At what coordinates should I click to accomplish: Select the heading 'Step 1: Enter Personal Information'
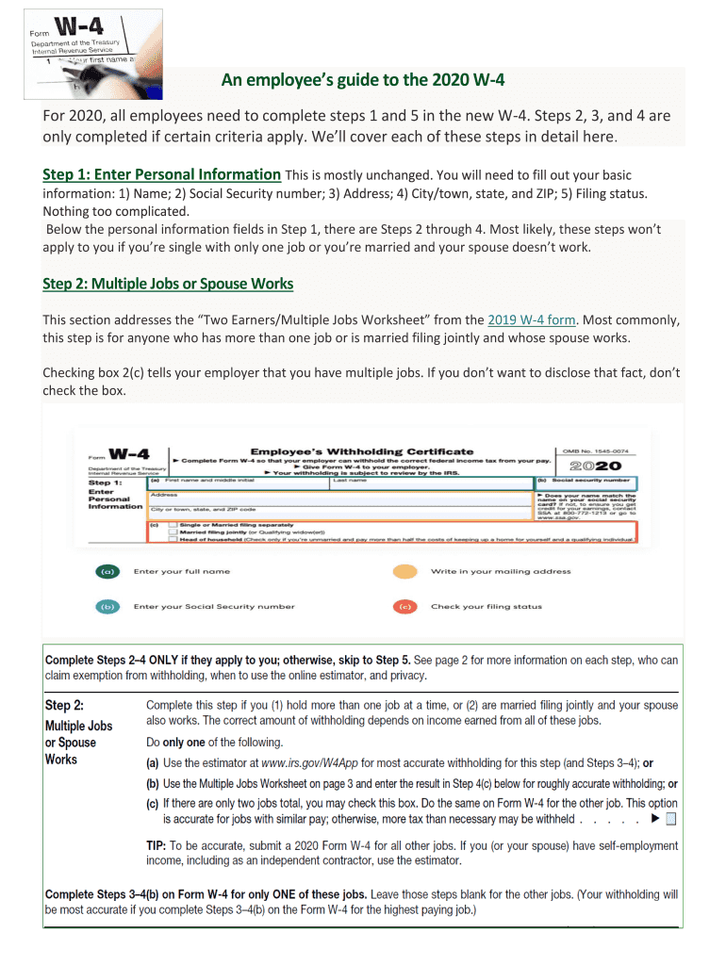(x=162, y=174)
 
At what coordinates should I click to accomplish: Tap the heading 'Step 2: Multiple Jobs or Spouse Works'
(x=168, y=284)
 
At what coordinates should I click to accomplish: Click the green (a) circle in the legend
(x=109, y=572)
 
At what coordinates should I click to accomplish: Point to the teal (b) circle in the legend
(x=109, y=607)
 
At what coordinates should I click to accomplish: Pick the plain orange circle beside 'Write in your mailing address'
(x=405, y=572)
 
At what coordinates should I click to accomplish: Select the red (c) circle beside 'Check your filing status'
(x=405, y=607)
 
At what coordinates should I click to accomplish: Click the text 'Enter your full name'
(x=182, y=572)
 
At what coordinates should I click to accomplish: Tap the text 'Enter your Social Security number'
(x=214, y=607)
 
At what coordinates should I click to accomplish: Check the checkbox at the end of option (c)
(x=670, y=820)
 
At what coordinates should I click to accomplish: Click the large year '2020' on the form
(x=597, y=466)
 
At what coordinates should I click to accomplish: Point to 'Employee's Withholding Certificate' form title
(x=362, y=451)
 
